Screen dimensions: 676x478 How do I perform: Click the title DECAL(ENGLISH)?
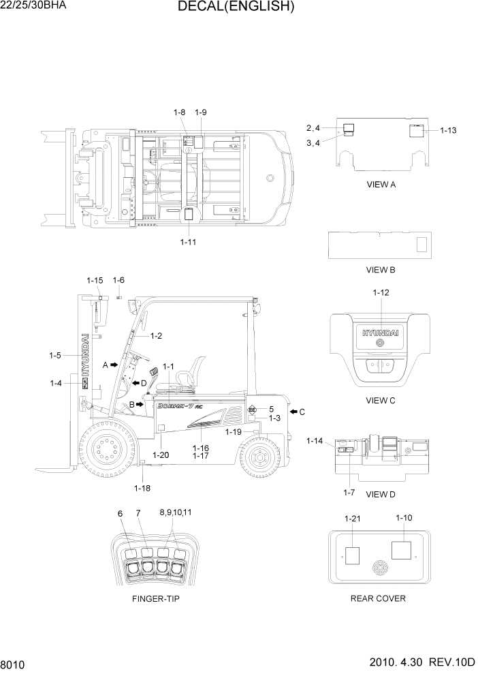pyautogui.click(x=236, y=7)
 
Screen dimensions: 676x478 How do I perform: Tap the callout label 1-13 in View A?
pyautogui.click(x=448, y=130)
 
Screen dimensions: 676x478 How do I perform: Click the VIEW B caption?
pyautogui.click(x=381, y=270)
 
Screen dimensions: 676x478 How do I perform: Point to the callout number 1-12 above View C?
pyautogui.click(x=381, y=292)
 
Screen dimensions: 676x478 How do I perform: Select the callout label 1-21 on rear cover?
pyautogui.click(x=352, y=519)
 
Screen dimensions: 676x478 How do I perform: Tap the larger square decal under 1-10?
pyautogui.click(x=402, y=549)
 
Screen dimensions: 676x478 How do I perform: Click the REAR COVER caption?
pyautogui.click(x=378, y=598)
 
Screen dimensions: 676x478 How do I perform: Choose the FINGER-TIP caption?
pyautogui.click(x=156, y=598)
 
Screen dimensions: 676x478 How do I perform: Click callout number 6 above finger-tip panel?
pyautogui.click(x=120, y=513)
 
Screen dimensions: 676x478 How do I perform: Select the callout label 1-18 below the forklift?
pyautogui.click(x=142, y=488)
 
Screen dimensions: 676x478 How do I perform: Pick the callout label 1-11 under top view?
pyautogui.click(x=189, y=241)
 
